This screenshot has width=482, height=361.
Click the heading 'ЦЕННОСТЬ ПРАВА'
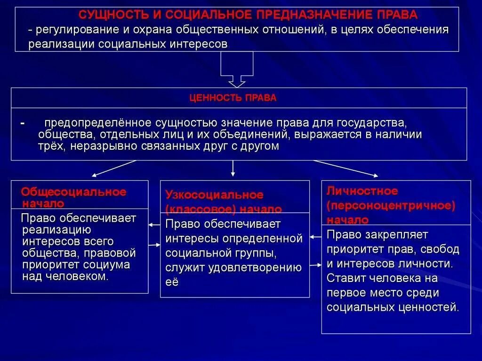(x=233, y=98)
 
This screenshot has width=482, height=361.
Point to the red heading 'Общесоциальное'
(x=74, y=192)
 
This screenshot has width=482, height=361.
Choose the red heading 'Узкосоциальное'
(x=214, y=195)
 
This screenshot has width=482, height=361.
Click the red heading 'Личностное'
(x=362, y=191)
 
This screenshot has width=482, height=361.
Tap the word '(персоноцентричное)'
(x=390, y=206)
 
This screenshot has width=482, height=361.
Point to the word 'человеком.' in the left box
(x=77, y=276)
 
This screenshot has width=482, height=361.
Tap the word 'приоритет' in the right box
(x=351, y=249)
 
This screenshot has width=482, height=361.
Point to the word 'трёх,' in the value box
(x=53, y=146)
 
